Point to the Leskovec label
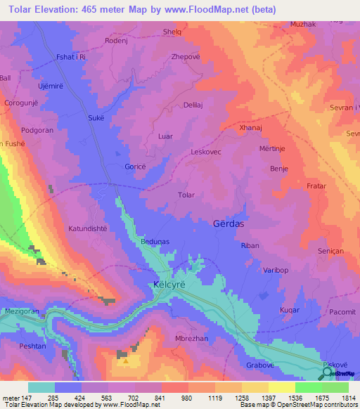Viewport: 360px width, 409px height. (206, 152)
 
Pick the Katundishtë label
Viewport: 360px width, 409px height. (89, 229)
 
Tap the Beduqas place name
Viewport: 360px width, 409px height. (136, 241)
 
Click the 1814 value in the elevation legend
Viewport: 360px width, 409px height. (347, 398)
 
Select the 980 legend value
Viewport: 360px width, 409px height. (187, 398)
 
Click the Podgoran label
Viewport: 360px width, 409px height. (37, 130)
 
